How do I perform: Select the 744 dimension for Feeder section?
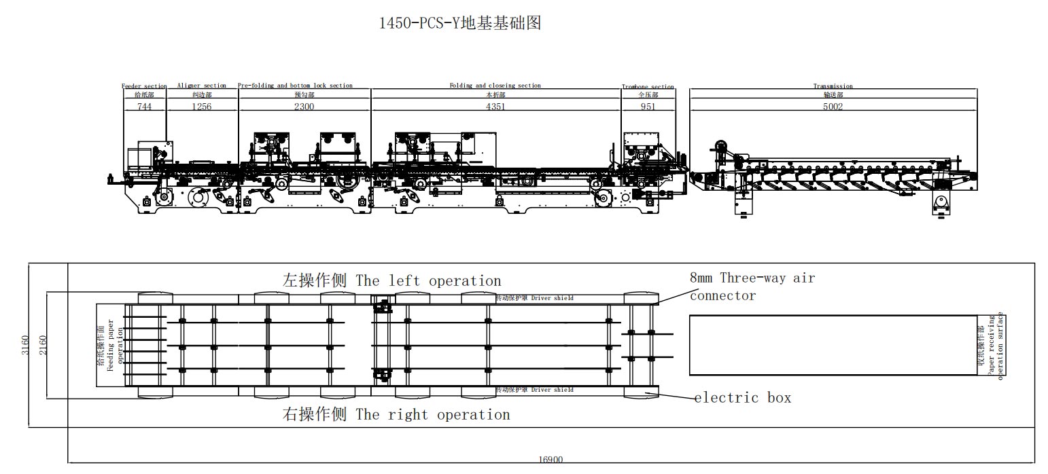coord(144,107)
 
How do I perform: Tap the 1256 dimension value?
coord(201,107)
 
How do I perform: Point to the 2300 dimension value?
coord(304,107)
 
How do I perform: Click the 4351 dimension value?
coord(495,107)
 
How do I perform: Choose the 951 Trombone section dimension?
coord(648,107)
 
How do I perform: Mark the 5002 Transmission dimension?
coord(833,107)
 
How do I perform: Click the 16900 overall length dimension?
coord(551,460)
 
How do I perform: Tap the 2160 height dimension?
coord(43,344)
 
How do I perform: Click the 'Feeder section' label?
coord(144,86)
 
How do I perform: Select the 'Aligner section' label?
coord(201,86)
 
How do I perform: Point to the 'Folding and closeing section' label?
coord(495,86)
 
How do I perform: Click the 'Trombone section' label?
coord(648,87)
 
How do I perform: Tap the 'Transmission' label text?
coord(833,86)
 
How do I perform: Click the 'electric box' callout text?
coord(743,398)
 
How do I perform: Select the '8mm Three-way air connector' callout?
coord(752,286)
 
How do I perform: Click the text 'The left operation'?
coord(428,280)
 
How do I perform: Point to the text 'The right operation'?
coord(432,414)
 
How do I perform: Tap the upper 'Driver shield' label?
coord(552,298)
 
